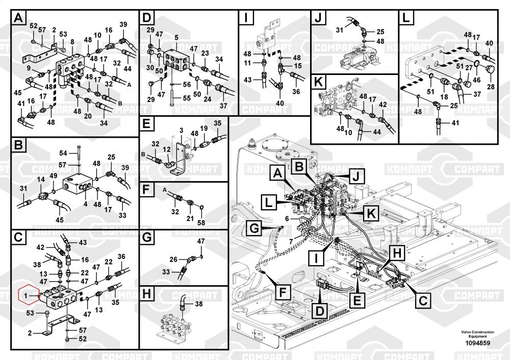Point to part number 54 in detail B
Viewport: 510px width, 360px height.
tap(63, 152)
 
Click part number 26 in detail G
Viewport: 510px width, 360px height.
tap(173, 260)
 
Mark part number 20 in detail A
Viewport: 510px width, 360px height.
tap(88, 116)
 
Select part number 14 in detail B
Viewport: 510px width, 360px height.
tap(41, 179)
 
